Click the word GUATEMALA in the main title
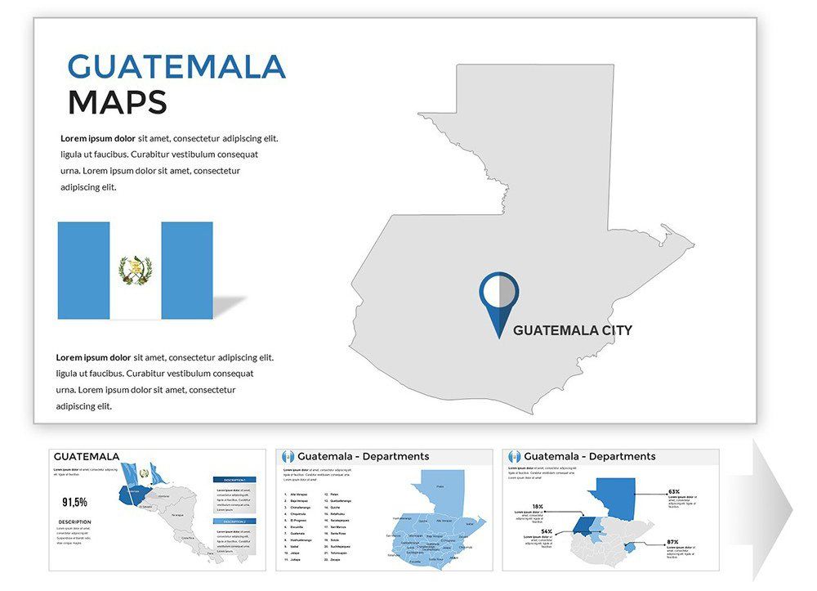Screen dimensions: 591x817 [176, 66]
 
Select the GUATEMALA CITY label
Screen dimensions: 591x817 [572, 330]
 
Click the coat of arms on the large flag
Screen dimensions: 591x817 [136, 271]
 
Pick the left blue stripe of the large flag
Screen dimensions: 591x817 [83, 271]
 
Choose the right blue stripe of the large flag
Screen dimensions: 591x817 [187, 271]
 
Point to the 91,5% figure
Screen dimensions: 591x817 [74, 502]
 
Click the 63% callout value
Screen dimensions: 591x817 [674, 492]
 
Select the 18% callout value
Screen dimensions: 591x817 [538, 507]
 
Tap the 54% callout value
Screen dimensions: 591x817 [547, 532]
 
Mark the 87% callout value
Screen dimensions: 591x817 [673, 542]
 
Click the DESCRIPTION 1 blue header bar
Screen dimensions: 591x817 [234, 480]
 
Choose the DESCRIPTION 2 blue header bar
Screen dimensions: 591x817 [234, 521]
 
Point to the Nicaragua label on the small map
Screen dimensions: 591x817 [178, 515]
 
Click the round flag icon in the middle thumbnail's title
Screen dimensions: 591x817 [287, 456]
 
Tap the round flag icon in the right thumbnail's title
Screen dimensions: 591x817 [514, 456]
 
